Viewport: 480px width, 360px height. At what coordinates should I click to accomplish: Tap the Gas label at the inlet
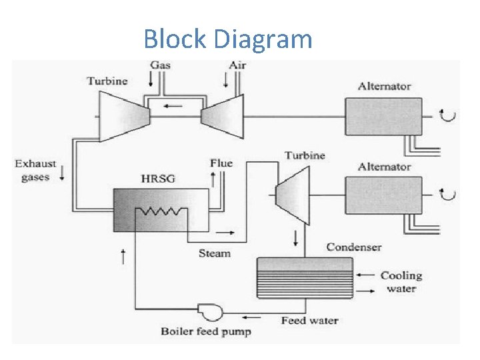pos(160,65)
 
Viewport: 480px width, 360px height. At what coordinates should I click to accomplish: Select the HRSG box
pos(161,209)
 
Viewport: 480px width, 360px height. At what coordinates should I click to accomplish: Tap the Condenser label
pos(353,247)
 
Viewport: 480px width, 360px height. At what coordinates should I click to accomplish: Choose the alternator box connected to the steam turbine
pos(383,195)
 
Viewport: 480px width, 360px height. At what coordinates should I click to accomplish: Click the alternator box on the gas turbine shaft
pos(383,117)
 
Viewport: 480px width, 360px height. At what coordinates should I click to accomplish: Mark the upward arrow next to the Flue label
pos(213,178)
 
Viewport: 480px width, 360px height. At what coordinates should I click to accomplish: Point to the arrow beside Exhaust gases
pos(62,173)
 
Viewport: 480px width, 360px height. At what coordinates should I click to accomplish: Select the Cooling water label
pos(401,282)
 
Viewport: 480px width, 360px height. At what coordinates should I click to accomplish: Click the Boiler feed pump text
pos(205,331)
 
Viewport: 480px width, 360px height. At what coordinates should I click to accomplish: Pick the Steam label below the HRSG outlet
pos(214,253)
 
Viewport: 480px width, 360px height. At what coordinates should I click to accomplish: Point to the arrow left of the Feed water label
pos(253,317)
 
